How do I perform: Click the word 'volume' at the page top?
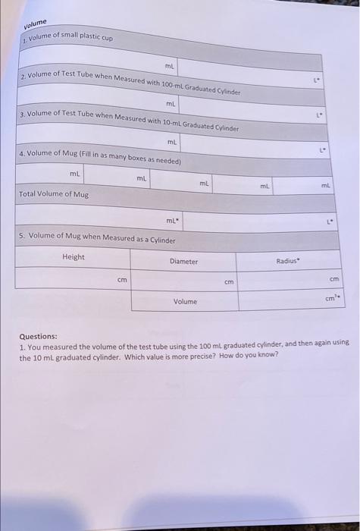(x=35, y=21)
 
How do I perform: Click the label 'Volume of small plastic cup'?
(x=70, y=36)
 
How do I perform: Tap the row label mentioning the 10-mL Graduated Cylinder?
(x=130, y=122)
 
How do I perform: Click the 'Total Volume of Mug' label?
(x=54, y=194)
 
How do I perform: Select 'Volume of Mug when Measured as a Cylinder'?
(x=97, y=240)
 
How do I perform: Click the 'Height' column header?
(x=74, y=256)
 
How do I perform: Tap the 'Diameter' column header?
(x=183, y=262)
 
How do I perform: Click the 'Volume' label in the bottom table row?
(x=184, y=301)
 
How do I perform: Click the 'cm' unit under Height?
(x=121, y=280)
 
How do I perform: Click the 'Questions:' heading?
(x=39, y=336)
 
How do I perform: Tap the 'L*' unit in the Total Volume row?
(x=328, y=223)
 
